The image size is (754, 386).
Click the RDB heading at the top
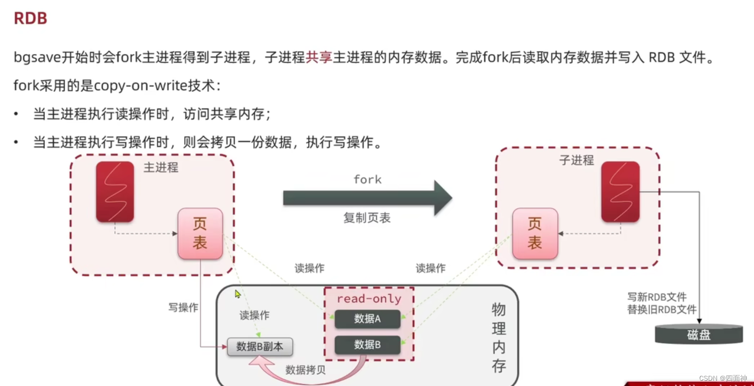(x=30, y=18)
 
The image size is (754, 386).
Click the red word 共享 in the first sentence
(x=319, y=57)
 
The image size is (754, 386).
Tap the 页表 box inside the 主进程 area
(x=200, y=233)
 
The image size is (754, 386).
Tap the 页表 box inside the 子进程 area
(x=535, y=233)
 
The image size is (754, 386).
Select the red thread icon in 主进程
(x=115, y=192)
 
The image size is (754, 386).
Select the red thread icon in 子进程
(x=620, y=192)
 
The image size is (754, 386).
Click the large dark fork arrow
(x=367, y=197)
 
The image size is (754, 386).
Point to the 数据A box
(x=367, y=319)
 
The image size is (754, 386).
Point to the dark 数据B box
(x=367, y=345)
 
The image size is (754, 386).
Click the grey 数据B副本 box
(x=260, y=347)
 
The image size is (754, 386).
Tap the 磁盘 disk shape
(x=699, y=334)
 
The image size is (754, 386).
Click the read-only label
(x=368, y=299)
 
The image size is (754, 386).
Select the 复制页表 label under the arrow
(x=367, y=218)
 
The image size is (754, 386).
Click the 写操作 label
(x=183, y=307)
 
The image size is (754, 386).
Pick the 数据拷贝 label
(x=305, y=370)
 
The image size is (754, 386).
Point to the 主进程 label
(x=161, y=168)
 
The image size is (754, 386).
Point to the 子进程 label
(x=576, y=160)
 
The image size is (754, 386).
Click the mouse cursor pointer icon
(x=237, y=294)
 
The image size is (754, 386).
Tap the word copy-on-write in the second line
(x=141, y=85)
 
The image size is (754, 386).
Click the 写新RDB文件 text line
(x=657, y=297)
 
